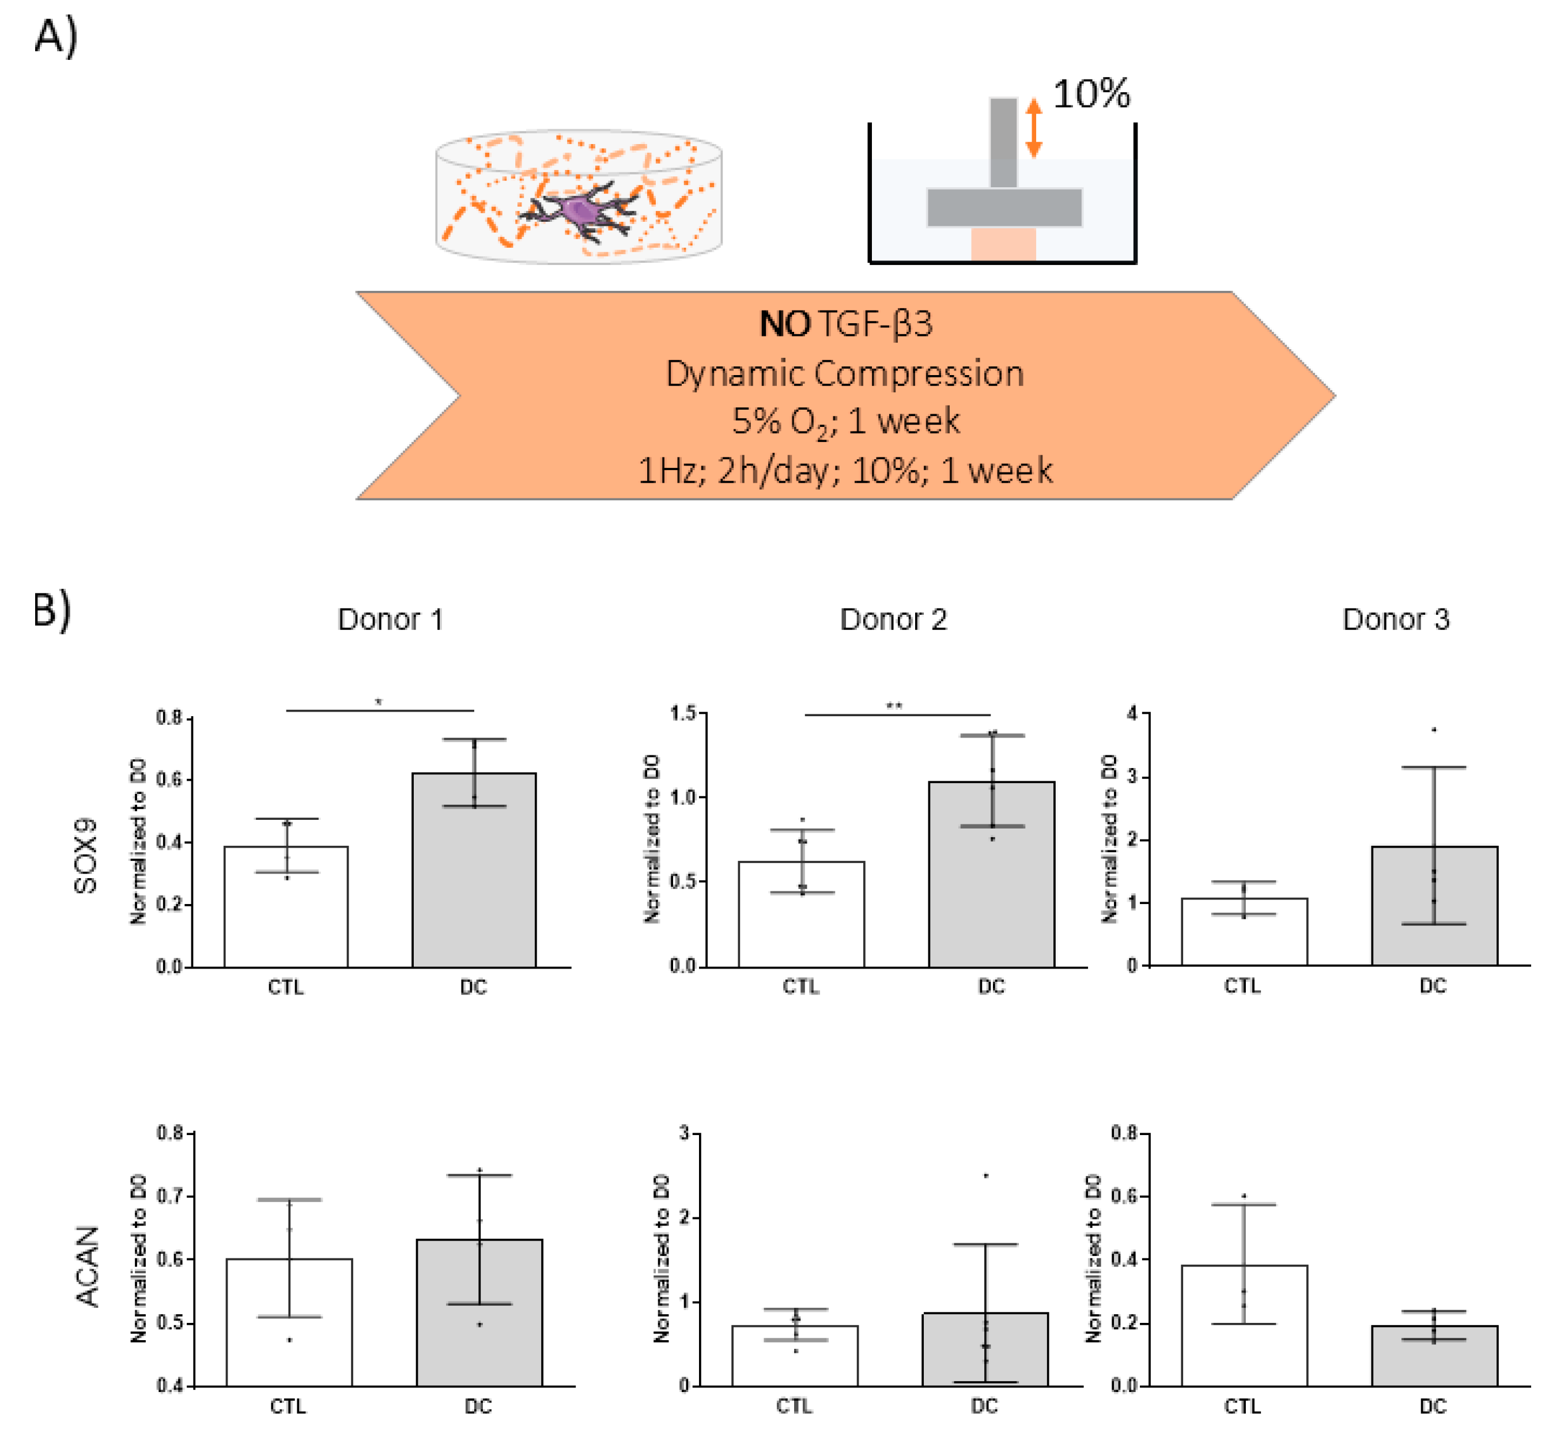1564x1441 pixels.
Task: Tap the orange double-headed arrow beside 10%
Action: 1034,127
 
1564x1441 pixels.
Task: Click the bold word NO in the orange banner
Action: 785,324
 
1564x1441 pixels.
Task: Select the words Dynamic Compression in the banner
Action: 844,373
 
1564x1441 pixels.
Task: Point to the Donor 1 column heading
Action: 390,619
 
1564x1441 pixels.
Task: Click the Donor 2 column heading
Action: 893,619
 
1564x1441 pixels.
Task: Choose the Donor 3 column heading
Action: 1396,619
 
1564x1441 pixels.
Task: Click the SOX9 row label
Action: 86,856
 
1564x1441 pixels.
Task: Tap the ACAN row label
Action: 88,1266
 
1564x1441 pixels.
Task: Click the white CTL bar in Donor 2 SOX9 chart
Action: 801,920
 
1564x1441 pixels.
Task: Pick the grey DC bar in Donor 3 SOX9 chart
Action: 1434,912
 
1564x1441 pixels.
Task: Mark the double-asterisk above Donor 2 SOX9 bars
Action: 894,706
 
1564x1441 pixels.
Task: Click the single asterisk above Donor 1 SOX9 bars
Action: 379,702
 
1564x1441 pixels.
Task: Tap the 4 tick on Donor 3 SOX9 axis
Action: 1132,713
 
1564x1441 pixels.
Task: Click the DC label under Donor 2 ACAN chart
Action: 984,1406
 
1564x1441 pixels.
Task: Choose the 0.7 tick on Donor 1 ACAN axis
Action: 170,1196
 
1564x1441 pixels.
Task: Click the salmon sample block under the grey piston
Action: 1003,245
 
